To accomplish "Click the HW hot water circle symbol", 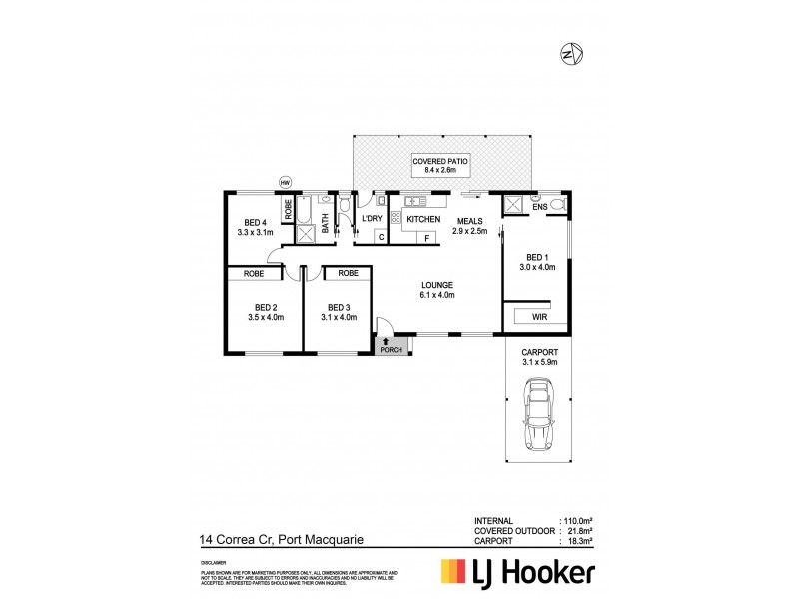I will [285, 183].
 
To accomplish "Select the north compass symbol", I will [573, 52].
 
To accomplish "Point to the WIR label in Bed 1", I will [539, 317].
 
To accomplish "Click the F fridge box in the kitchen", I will [426, 238].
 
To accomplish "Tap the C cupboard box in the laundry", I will [382, 237].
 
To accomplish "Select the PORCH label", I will [392, 349].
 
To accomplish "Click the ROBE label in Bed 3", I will [347, 272].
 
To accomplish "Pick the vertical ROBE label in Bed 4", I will [289, 209].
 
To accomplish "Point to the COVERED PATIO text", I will [440, 161].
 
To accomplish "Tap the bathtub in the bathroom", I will [326, 211].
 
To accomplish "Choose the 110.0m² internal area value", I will [579, 521].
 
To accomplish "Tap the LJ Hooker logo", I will [519, 572].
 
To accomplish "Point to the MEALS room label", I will [471, 220].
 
